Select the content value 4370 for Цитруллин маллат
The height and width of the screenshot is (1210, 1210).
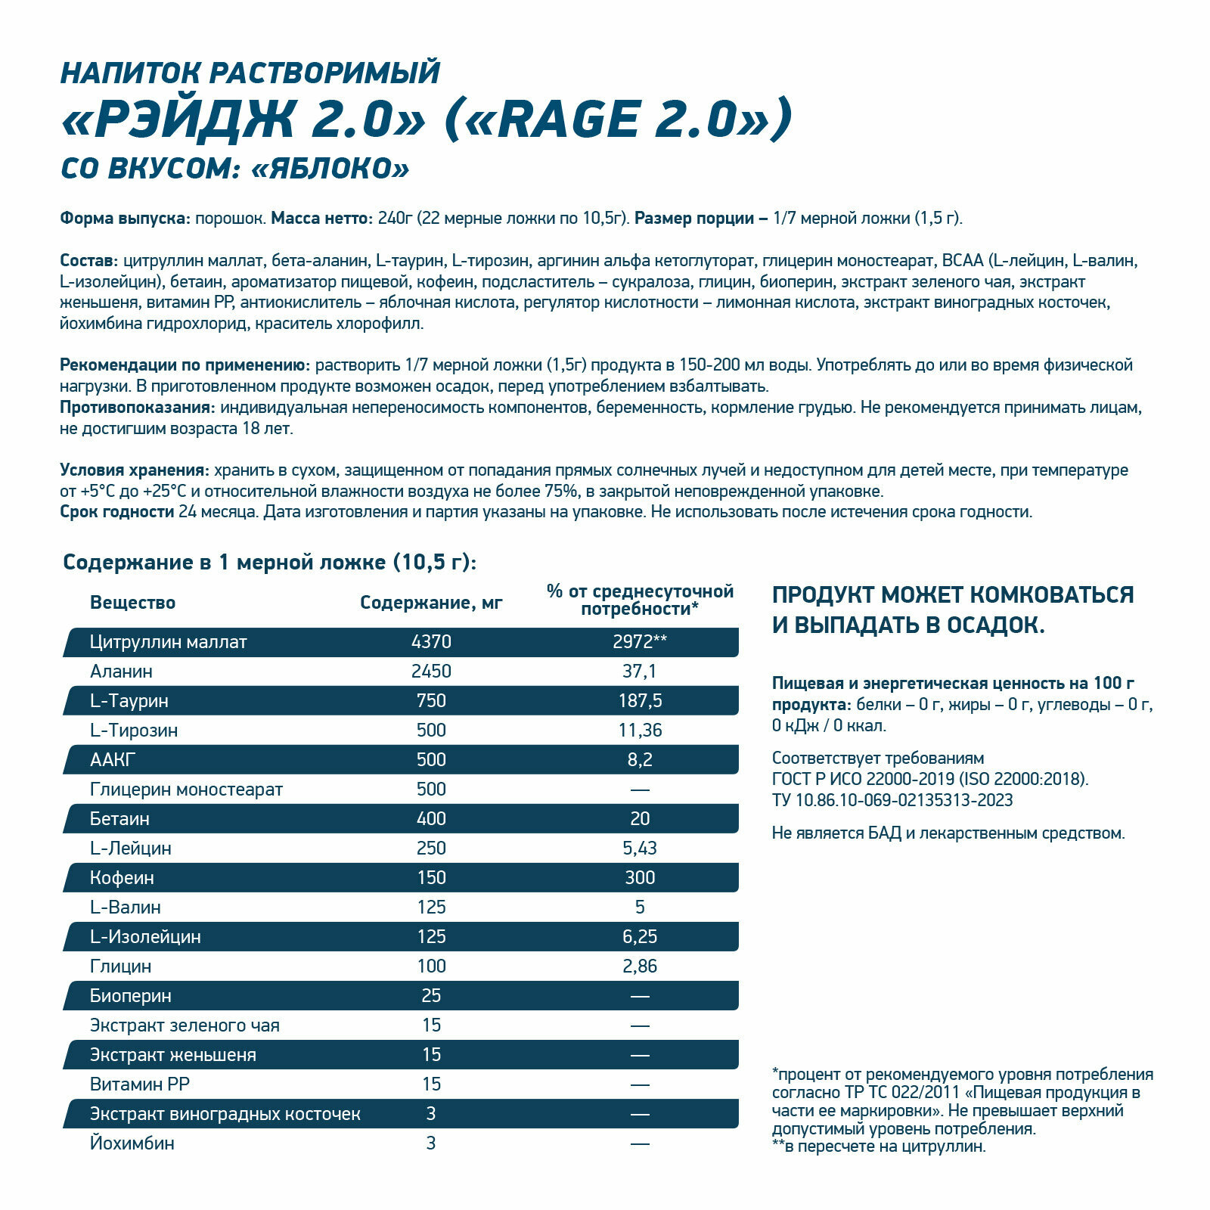(x=431, y=642)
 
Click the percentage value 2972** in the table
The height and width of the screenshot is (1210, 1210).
(x=640, y=642)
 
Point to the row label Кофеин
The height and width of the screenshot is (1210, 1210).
(x=122, y=878)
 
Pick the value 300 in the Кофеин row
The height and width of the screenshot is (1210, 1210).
(x=640, y=878)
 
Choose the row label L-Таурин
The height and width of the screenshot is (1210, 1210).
(x=129, y=701)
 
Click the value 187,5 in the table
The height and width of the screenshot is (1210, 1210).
(x=640, y=701)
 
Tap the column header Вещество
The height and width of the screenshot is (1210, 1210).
(x=132, y=603)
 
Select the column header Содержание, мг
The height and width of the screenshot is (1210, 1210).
(x=431, y=603)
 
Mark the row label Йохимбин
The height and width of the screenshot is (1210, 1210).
(x=132, y=1143)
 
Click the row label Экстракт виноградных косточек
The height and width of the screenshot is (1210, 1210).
(x=225, y=1114)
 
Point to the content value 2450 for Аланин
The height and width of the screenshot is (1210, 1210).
(x=431, y=672)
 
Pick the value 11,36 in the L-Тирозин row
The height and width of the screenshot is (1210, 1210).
(x=640, y=731)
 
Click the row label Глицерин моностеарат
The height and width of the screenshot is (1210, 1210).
(x=186, y=790)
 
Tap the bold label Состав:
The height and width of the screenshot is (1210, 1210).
(x=88, y=261)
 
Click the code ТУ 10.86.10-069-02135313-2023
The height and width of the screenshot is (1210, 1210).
(x=892, y=800)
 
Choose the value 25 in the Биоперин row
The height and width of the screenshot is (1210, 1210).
(x=431, y=996)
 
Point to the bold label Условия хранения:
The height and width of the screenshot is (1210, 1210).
(x=134, y=470)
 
